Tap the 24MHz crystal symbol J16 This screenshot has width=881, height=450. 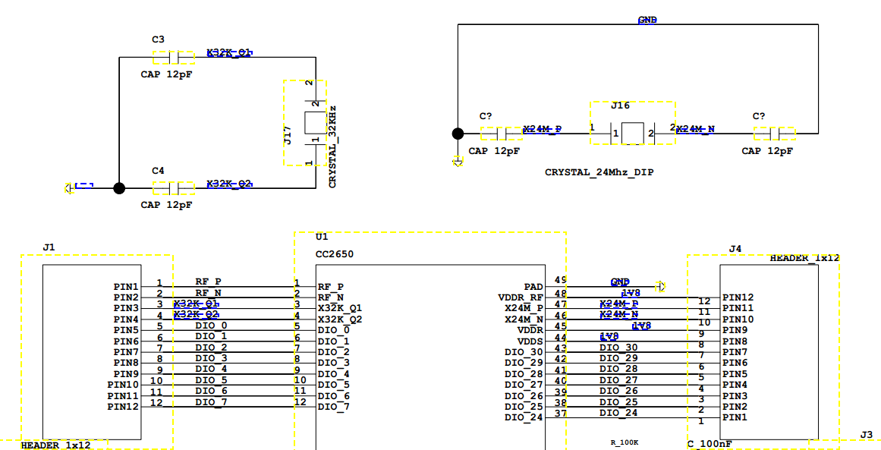pos(632,134)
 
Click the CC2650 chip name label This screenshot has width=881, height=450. pos(334,254)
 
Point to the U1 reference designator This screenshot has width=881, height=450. pos(321,238)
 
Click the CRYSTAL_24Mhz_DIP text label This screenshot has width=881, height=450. pos(599,172)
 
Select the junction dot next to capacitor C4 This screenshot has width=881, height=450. pos(119,188)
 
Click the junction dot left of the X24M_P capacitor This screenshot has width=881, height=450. pos(458,134)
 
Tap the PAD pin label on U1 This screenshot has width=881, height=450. pos(533,287)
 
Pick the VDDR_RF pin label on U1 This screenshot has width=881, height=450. pos(521,297)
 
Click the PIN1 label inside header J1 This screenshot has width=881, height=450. pos(126,287)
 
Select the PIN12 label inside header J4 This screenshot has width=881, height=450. pos(738,297)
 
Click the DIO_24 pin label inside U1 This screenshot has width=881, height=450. pos(524,417)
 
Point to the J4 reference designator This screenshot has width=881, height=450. pos(735,248)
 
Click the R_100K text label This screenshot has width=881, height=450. pos(625,442)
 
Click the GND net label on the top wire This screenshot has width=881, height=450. pos(647,20)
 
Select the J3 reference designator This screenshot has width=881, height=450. pos(866,434)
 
